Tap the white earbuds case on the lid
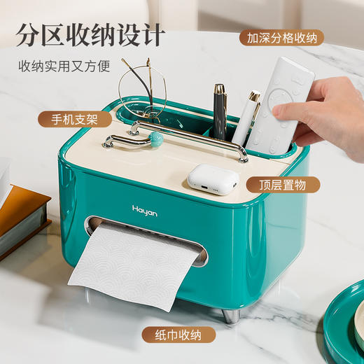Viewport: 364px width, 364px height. click(x=212, y=178)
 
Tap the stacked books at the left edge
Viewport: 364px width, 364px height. click(x=21, y=210)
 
